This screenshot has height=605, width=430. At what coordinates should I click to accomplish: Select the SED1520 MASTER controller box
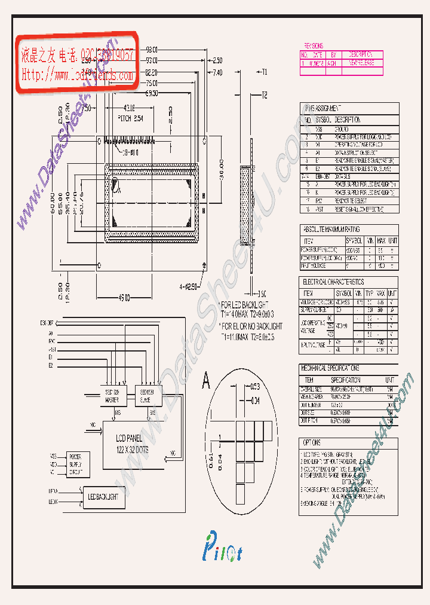(x=112, y=395)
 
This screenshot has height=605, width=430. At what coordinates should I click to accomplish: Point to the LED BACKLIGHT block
(x=103, y=497)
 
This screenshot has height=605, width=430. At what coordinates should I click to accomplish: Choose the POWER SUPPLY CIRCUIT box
(x=75, y=463)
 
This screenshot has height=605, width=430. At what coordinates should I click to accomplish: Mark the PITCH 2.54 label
(x=130, y=119)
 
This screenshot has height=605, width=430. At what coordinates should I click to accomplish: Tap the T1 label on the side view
(x=264, y=72)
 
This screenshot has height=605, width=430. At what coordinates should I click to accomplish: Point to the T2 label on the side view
(x=264, y=96)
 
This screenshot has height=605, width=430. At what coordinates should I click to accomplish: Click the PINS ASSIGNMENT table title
(x=323, y=108)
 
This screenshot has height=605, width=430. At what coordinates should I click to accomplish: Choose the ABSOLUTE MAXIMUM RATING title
(x=332, y=230)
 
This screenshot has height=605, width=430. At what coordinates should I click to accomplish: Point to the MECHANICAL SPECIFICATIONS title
(x=332, y=368)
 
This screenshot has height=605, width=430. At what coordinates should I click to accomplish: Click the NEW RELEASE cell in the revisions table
(x=361, y=62)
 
